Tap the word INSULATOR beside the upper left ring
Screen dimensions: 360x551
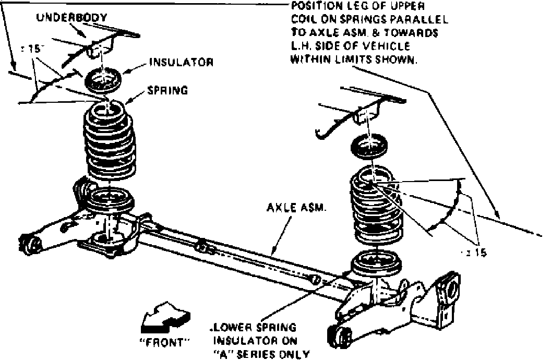click(x=181, y=62)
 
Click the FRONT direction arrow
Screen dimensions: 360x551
click(x=165, y=318)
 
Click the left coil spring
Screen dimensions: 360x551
click(x=109, y=143)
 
